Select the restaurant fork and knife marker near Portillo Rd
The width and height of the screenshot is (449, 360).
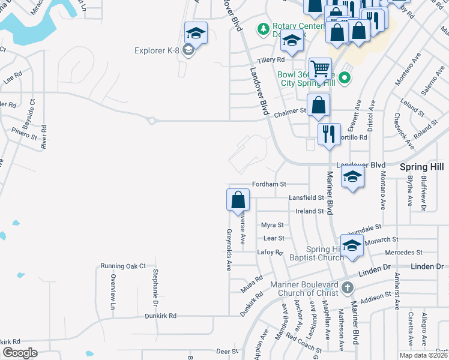click(328, 134)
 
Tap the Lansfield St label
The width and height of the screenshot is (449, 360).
click(306, 197)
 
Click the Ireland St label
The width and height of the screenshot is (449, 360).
click(310, 211)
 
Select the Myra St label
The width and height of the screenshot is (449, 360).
click(272, 225)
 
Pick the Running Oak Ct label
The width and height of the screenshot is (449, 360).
click(124, 266)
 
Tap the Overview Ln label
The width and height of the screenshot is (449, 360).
click(112, 292)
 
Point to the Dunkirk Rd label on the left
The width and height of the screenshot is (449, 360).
click(160, 315)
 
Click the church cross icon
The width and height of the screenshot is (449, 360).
click(347, 289)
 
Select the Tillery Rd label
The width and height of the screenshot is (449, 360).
click(271, 60)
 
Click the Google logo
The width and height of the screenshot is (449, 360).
click(20, 353)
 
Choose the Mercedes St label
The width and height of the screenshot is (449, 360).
click(404, 253)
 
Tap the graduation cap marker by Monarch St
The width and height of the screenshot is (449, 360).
click(352, 245)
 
